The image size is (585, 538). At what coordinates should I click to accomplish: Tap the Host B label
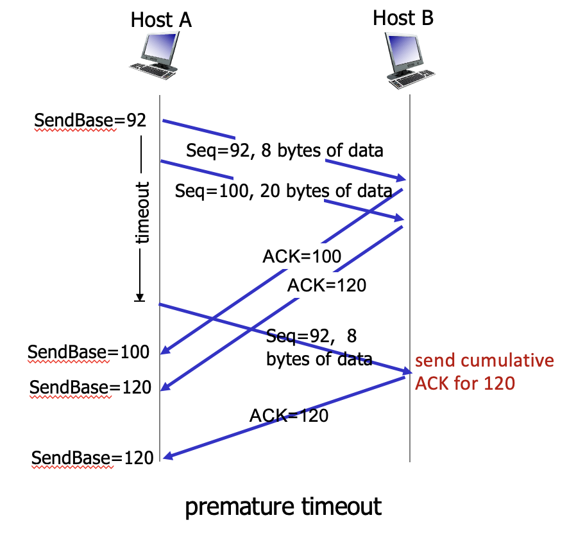click(x=403, y=17)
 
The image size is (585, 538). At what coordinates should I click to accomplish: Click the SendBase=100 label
click(x=89, y=352)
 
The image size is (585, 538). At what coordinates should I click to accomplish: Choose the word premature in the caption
click(x=242, y=507)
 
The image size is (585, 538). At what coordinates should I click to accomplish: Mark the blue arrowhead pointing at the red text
click(x=407, y=372)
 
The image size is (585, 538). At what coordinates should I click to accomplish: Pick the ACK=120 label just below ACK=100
click(x=326, y=285)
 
